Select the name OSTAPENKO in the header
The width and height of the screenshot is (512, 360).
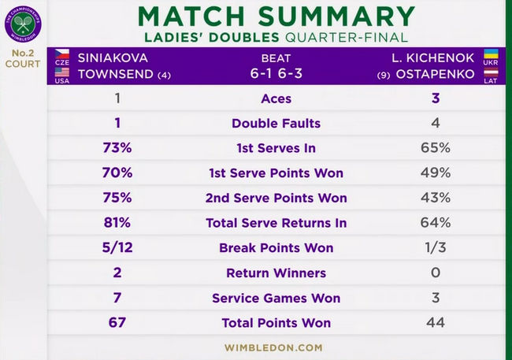440,75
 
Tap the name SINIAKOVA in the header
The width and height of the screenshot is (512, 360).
113,58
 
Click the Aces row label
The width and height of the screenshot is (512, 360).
276,98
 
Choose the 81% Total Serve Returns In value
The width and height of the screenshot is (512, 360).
117,223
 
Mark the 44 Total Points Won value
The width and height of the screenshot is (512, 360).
435,323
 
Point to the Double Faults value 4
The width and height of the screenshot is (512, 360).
435,124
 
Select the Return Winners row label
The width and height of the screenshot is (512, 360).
276,273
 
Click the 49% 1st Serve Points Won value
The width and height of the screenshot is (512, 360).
435,173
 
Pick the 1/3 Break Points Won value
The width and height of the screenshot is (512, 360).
435,248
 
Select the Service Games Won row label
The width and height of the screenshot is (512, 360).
276,298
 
